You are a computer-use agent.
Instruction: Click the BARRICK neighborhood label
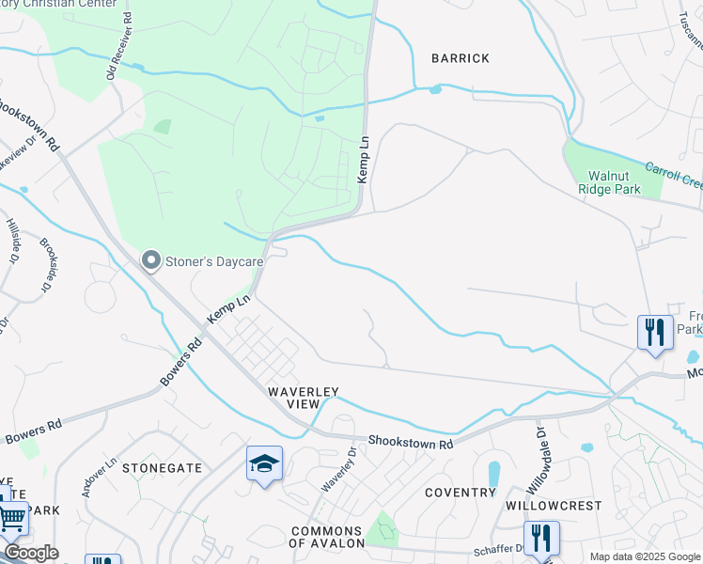point(461,58)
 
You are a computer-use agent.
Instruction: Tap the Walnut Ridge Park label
point(614,182)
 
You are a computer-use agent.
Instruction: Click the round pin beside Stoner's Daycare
point(150,260)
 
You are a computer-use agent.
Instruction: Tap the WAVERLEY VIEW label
point(303,397)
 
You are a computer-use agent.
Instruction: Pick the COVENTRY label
point(460,493)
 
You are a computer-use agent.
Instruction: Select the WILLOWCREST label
point(566,506)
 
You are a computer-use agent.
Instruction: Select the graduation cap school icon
point(265,463)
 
